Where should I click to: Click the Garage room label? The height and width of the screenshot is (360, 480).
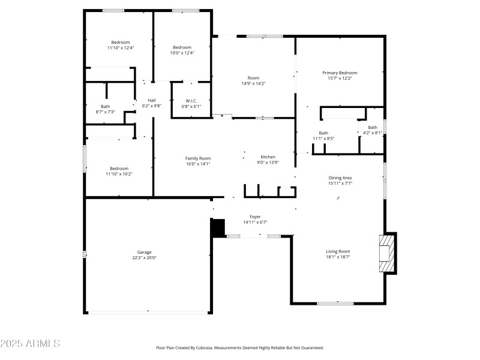click(x=144, y=252)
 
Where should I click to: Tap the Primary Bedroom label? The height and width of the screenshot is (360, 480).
click(x=340, y=73)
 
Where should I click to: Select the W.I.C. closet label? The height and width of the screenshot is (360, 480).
click(x=191, y=101)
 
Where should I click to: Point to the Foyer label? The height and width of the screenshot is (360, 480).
click(x=255, y=217)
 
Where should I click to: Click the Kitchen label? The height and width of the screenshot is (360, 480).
click(x=268, y=157)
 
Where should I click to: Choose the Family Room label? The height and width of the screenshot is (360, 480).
click(x=197, y=158)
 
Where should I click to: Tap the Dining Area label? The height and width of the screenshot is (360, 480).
click(x=340, y=178)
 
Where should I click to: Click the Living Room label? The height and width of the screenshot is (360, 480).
click(x=337, y=251)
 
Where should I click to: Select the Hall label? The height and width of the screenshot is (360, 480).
click(x=152, y=100)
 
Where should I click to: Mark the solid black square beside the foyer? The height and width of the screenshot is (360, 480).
click(x=217, y=228)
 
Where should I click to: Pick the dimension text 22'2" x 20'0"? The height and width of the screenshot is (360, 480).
click(x=144, y=257)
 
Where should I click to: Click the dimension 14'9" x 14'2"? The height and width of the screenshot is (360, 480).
click(x=253, y=83)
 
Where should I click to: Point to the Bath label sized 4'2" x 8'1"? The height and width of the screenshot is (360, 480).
click(x=373, y=127)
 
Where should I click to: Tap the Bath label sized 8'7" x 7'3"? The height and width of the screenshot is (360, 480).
click(x=105, y=106)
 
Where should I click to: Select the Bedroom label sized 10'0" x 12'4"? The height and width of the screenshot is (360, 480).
click(x=182, y=47)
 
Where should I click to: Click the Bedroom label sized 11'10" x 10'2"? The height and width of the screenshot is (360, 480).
click(x=119, y=169)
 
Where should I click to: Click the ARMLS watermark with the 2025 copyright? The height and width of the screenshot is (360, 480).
click(x=30, y=344)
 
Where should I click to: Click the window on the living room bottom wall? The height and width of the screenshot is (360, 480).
click(x=335, y=303)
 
